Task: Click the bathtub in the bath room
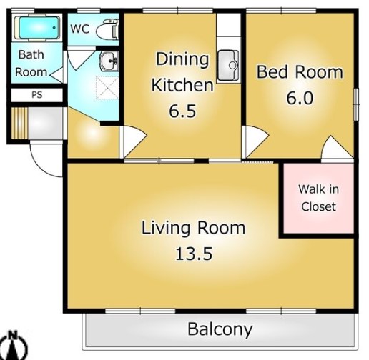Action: tap(36, 27)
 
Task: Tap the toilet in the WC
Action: tap(107, 29)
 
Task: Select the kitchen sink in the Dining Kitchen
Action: tap(227, 66)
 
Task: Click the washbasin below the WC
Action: tap(109, 61)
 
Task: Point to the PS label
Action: tap(37, 95)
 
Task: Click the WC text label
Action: tap(80, 29)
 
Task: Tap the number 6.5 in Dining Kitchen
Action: tap(182, 111)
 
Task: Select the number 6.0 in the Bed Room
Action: tap(300, 98)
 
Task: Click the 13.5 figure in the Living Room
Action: tap(194, 254)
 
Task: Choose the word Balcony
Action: tap(220, 329)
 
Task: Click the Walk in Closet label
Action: tap(318, 198)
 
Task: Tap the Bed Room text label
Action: tap(300, 71)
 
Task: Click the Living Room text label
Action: tap(193, 228)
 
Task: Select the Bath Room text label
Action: tap(31, 64)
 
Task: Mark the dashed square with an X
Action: tap(107, 88)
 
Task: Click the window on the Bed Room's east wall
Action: tap(356, 104)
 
